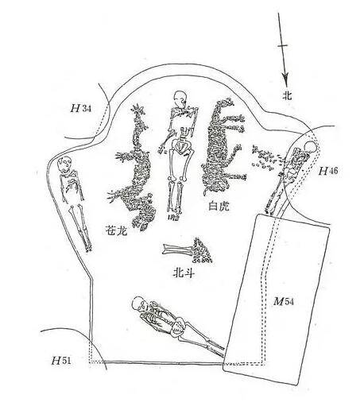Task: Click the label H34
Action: (81, 108)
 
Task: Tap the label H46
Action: (328, 171)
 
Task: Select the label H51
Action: (61, 360)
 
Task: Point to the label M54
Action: (284, 301)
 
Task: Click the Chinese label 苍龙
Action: (116, 230)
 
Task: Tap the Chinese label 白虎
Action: (219, 206)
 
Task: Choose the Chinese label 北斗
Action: (184, 273)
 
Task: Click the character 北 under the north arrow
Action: (287, 94)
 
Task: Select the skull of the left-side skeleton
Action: (65, 163)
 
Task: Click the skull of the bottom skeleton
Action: (139, 304)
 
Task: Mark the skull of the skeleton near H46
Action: (311, 147)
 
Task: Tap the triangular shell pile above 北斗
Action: (201, 251)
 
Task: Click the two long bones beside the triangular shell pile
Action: (177, 249)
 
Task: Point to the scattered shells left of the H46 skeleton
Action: (265, 158)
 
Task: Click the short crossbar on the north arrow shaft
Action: (283, 45)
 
